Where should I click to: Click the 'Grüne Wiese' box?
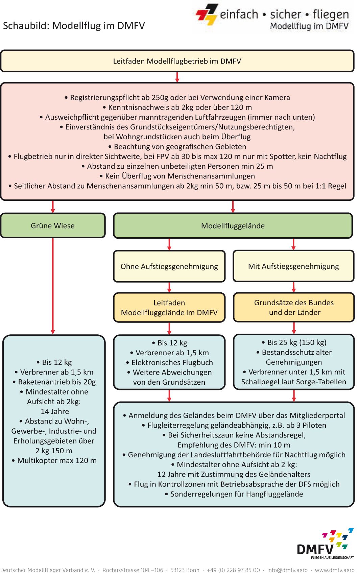[x=53, y=226]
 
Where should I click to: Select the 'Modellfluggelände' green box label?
[x=233, y=226]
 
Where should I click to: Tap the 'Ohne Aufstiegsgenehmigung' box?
[x=169, y=266]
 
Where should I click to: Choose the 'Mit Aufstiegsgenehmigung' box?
[x=293, y=266]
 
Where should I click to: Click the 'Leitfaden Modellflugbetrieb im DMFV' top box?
[x=177, y=61]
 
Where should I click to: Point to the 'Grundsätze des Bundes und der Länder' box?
[x=294, y=307]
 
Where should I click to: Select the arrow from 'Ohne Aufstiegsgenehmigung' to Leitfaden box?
[x=169, y=287]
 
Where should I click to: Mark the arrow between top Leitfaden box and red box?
[x=177, y=77]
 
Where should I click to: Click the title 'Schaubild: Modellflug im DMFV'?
[x=74, y=26]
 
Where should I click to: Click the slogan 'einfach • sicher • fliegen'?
[x=284, y=14]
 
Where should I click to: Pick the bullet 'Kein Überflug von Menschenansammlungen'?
[x=177, y=176]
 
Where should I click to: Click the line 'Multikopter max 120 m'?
[x=54, y=461]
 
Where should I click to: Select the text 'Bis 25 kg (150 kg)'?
[x=294, y=342]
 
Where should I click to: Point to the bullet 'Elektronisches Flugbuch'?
[x=170, y=363]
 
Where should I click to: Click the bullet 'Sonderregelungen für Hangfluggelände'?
[x=234, y=494]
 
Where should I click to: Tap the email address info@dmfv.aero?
[x=287, y=570]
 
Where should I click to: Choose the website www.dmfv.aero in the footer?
[x=335, y=570]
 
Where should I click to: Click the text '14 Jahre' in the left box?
[x=55, y=411]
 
